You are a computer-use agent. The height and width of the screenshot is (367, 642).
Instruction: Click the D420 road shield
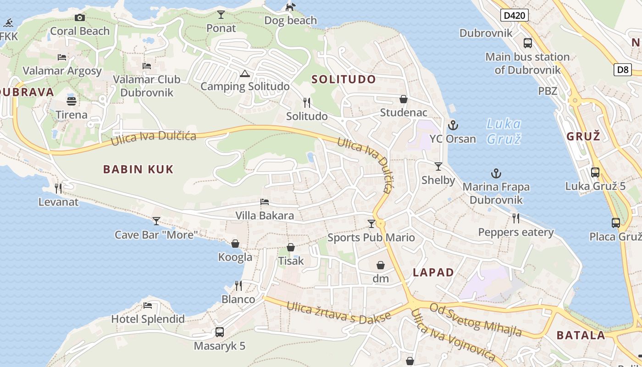pyautogui.click(x=514, y=16)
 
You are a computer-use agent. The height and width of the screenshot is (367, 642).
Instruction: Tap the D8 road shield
pyautogui.click(x=622, y=70)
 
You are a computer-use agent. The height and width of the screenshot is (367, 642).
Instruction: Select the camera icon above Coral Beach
pyautogui.click(x=80, y=17)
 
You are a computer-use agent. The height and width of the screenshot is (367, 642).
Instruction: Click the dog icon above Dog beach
pyautogui.click(x=290, y=7)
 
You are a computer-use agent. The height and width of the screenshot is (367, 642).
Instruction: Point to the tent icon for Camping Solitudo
pyautogui.click(x=244, y=73)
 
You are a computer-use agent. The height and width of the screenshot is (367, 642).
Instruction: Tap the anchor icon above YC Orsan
pyautogui.click(x=453, y=125)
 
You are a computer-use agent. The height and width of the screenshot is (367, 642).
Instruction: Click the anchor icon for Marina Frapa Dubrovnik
pyautogui.click(x=496, y=173)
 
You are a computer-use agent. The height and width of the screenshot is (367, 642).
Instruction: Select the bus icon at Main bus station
pyautogui.click(x=528, y=43)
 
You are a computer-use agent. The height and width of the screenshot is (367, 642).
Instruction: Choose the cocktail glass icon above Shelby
pyautogui.click(x=438, y=166)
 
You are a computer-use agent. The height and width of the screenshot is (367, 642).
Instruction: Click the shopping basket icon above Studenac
pyautogui.click(x=404, y=99)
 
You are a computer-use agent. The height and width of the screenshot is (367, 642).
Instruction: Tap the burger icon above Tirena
pyautogui.click(x=72, y=101)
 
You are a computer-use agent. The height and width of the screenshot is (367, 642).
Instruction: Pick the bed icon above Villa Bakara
pyautogui.click(x=265, y=202)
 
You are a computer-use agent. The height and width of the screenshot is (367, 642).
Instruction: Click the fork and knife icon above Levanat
pyautogui.click(x=58, y=188)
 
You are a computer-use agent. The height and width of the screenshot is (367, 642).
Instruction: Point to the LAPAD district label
pyautogui.click(x=433, y=272)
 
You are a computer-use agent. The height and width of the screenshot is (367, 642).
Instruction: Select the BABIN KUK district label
pyautogui.click(x=138, y=169)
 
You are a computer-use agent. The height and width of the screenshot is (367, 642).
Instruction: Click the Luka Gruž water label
pyautogui.click(x=504, y=131)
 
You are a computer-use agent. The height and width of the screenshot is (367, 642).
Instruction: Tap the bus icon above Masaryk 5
pyautogui.click(x=220, y=332)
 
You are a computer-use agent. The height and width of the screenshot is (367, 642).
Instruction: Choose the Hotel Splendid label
pyautogui.click(x=148, y=319)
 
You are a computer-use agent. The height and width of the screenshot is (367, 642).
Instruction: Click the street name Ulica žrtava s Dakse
pyautogui.click(x=339, y=311)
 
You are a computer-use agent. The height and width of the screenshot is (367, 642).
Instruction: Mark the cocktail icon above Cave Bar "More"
pyautogui.click(x=156, y=221)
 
